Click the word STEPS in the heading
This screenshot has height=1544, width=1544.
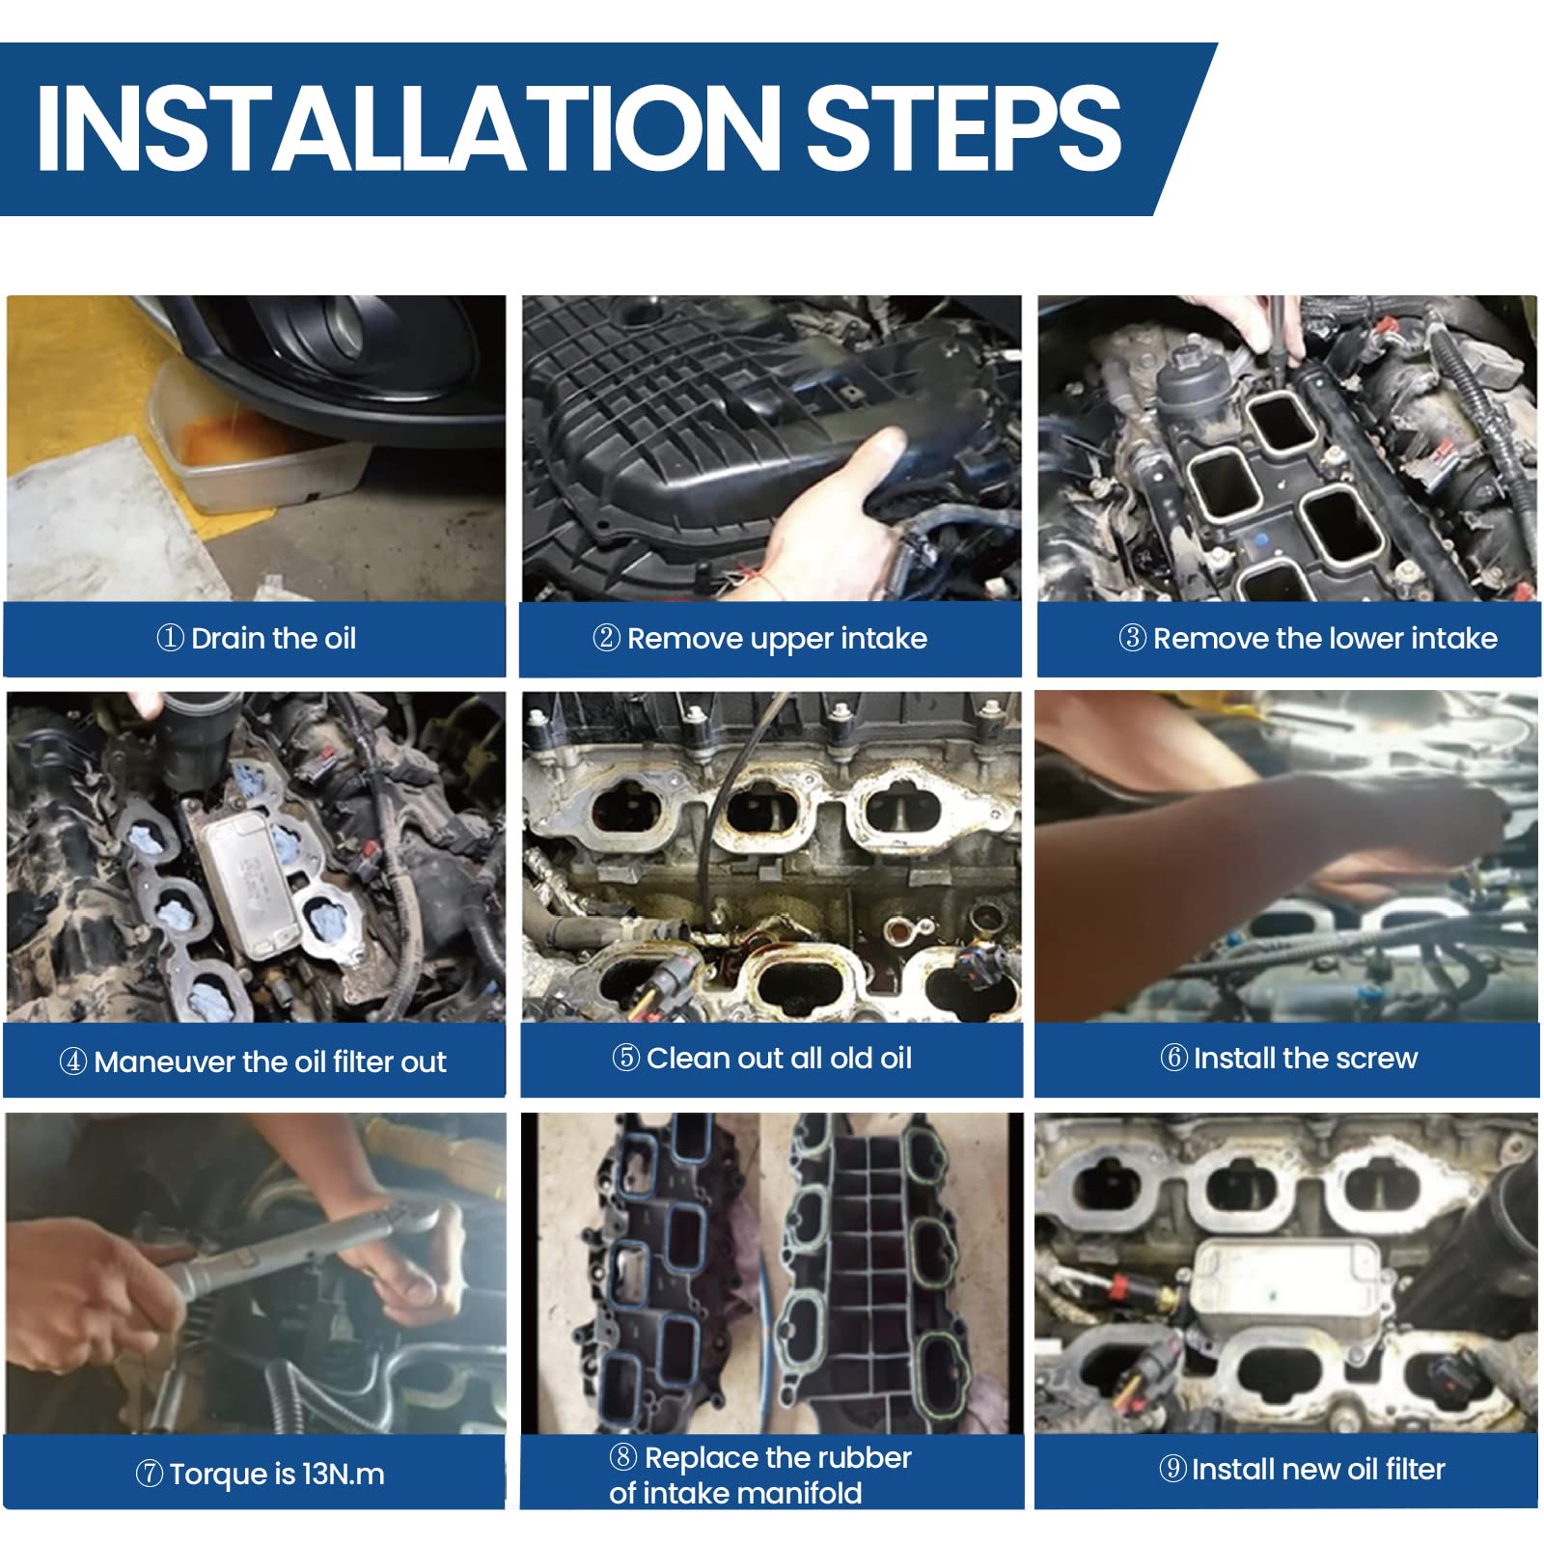point(963,127)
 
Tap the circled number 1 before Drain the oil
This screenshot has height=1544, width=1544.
point(170,637)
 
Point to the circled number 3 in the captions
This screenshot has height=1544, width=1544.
point(1132,637)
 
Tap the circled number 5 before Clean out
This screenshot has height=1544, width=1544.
point(625,1057)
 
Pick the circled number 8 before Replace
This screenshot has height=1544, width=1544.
point(623,1456)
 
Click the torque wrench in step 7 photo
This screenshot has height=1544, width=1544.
point(289,1254)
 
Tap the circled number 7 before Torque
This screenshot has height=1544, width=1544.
point(149,1474)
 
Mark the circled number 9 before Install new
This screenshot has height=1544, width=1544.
point(1172,1468)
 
